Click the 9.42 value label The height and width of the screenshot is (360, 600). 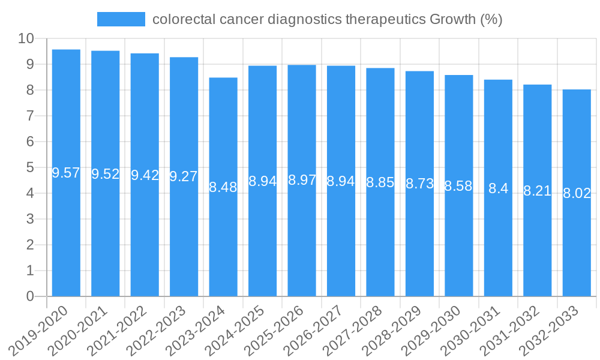coord(145,175)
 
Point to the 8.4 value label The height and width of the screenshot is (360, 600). coord(498,188)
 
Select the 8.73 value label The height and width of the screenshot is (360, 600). coord(419,184)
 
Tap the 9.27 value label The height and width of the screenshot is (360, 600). coord(184,176)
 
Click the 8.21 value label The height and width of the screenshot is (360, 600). coord(537,191)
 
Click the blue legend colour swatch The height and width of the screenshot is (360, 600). coord(121,19)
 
